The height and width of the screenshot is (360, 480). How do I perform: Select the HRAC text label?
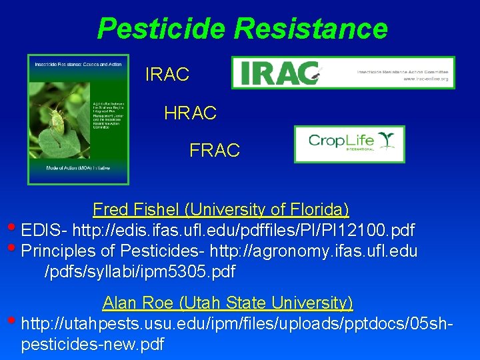point(190,113)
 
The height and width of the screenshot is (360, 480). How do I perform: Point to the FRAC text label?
point(215,151)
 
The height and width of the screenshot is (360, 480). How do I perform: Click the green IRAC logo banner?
point(343,73)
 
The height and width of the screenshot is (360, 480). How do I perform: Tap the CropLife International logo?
point(349,144)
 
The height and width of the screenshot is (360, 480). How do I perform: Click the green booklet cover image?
point(78,119)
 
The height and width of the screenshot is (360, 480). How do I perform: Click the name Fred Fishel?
point(137,210)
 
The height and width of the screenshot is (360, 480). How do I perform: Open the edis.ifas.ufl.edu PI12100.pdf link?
point(243,231)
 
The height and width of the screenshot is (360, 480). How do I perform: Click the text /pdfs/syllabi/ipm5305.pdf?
point(139,272)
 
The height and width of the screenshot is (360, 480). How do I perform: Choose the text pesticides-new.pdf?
point(93,345)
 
